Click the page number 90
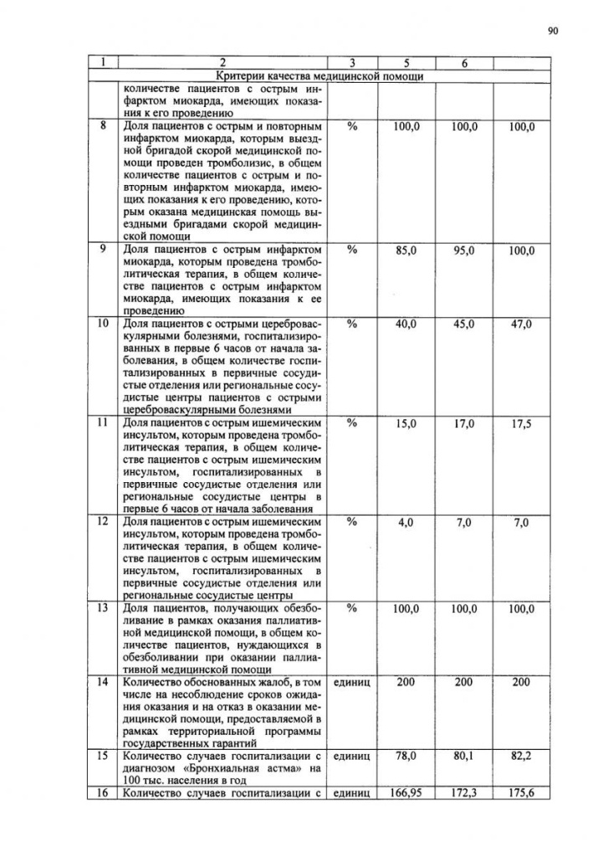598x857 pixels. tap(553, 31)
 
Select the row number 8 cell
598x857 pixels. tap(102, 126)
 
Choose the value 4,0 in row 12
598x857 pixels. tap(406, 522)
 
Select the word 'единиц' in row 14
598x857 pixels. tap(351, 683)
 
